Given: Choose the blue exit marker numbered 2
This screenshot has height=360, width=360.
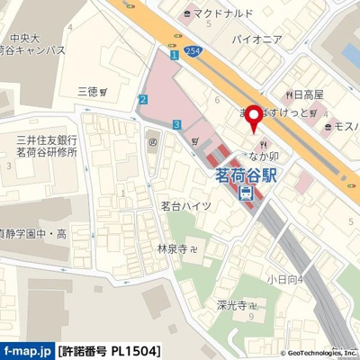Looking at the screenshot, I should tap(143, 98).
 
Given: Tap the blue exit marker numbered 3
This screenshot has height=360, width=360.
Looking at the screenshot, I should tap(178, 123).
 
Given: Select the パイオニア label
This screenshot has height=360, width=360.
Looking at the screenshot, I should tap(256, 40).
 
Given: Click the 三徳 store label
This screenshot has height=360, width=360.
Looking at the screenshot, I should tap(88, 92).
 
